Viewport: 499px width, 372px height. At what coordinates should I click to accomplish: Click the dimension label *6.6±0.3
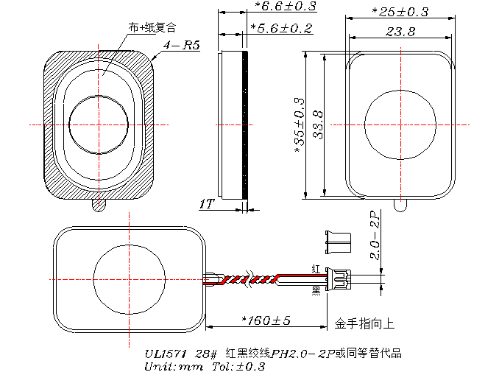pos(285,6)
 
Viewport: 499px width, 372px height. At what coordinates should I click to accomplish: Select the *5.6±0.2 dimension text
pos(281,28)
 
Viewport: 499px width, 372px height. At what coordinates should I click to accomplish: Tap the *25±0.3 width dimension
pos(400,12)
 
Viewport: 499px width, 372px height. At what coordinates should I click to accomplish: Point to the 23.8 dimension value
pos(400,31)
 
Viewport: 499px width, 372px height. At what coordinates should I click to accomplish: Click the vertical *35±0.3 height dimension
pos(299,124)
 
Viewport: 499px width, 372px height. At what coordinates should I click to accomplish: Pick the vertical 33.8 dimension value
pos(318,124)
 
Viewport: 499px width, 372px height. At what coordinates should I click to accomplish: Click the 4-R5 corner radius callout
pos(181,45)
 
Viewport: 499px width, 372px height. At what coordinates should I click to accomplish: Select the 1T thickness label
pos(207,204)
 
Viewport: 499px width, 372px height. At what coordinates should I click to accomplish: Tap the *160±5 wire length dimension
pos(266,320)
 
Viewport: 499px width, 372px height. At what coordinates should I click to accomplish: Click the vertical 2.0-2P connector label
pos(375,235)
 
